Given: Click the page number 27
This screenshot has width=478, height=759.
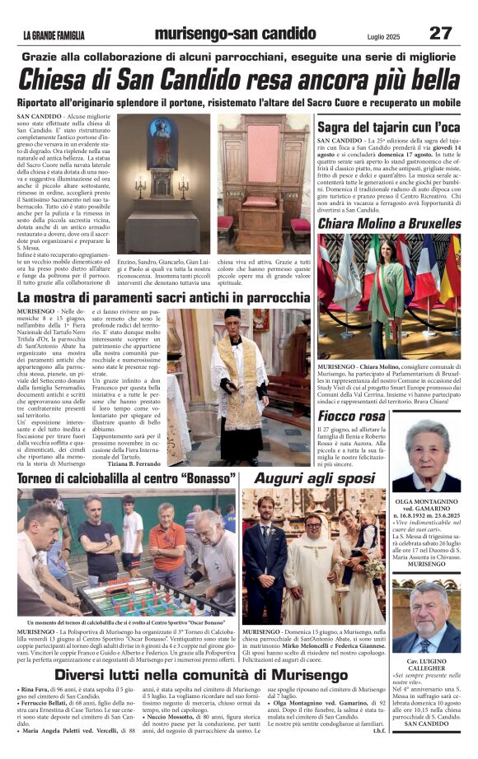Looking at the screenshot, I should (x=439, y=33).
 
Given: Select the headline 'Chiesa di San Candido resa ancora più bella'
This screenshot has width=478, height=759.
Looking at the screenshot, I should (x=238, y=80).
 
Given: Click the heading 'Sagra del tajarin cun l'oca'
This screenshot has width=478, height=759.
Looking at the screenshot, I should (x=388, y=127).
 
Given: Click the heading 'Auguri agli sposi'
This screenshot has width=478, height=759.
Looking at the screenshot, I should (x=314, y=478).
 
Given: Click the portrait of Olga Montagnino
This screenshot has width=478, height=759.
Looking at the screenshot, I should (x=426, y=455).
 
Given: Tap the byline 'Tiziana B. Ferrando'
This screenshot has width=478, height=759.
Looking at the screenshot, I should (x=129, y=463).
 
